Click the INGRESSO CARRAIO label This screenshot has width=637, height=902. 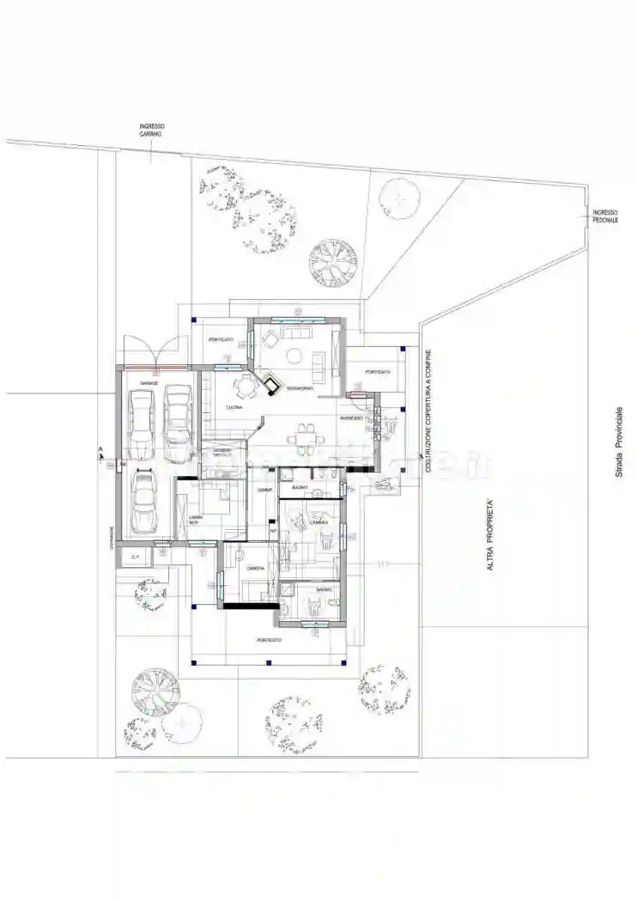tap(151, 131)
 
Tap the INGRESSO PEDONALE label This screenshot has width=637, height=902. tap(605, 216)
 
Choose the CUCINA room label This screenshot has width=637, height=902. tap(233, 407)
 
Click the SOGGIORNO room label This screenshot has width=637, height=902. tap(300, 389)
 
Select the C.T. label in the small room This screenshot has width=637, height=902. tap(135, 558)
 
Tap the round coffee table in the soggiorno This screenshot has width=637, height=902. tap(294, 356)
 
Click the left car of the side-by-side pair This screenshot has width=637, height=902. tap(140, 425)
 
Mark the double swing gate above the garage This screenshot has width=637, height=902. tap(152, 350)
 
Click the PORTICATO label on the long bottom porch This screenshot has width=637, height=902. tap(269, 640)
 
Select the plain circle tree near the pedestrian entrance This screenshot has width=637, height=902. tap(399, 198)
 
